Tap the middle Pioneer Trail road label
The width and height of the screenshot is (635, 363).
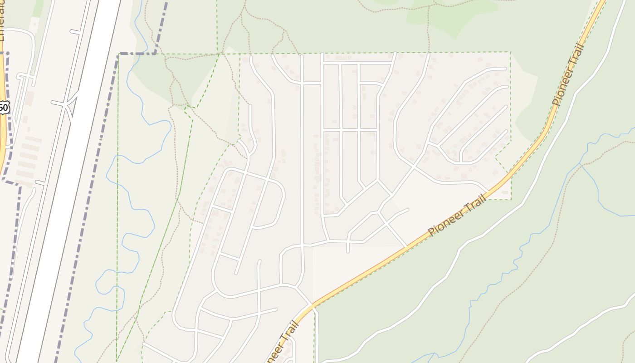click(x=457, y=215)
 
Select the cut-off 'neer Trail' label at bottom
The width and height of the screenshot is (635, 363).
click(x=285, y=343)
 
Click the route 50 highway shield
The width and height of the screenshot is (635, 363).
click(x=4, y=108)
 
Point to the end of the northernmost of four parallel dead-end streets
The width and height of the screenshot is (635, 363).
click(x=505, y=69)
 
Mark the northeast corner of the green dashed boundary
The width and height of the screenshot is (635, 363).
click(x=510, y=53)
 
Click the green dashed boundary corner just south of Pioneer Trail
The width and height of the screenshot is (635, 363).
click(x=511, y=199)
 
